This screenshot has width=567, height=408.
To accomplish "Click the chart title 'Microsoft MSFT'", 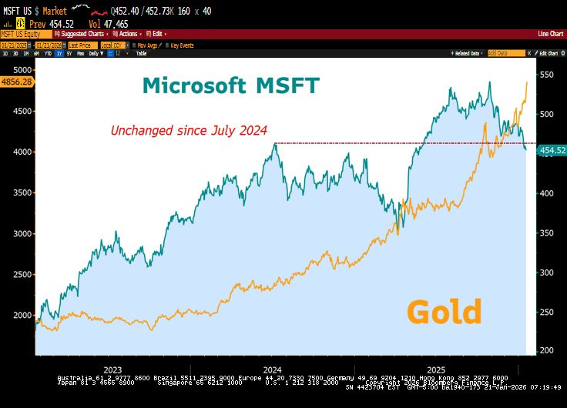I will click(x=230, y=85).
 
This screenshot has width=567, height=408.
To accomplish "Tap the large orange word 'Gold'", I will click(x=444, y=312).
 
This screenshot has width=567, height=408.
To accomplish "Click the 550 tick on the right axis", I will click(x=546, y=75).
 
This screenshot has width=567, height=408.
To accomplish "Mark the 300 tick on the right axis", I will click(x=546, y=272).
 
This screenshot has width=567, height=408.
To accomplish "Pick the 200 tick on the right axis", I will click(x=546, y=350).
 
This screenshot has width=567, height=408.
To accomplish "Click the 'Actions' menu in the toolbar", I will click(x=129, y=34).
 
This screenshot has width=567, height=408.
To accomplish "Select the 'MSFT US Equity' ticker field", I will click(x=21, y=34).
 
